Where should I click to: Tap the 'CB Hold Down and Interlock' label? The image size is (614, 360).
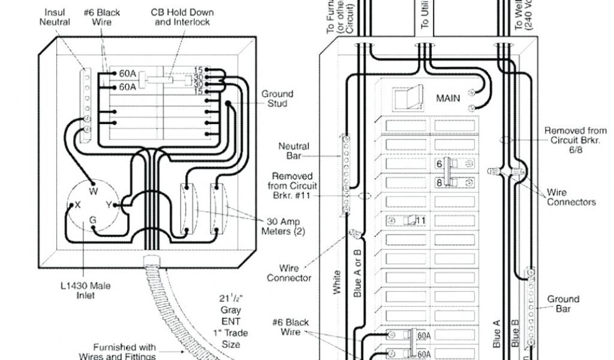point(185,17)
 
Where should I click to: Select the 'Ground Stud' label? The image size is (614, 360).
point(277,98)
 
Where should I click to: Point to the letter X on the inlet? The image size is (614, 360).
point(77,205)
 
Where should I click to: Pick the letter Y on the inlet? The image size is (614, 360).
point(109,205)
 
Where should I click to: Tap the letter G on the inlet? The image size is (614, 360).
point(93,220)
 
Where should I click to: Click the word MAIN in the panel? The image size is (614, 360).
point(448,98)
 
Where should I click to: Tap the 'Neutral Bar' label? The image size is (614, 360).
point(294,151)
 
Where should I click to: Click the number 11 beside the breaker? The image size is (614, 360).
point(420,220)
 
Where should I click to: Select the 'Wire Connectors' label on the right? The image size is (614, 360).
point(571,197)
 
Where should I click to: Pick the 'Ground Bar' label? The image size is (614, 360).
point(563,304)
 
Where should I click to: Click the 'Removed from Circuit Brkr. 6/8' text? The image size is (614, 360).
point(575,140)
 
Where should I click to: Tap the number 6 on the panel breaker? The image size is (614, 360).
point(439,163)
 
